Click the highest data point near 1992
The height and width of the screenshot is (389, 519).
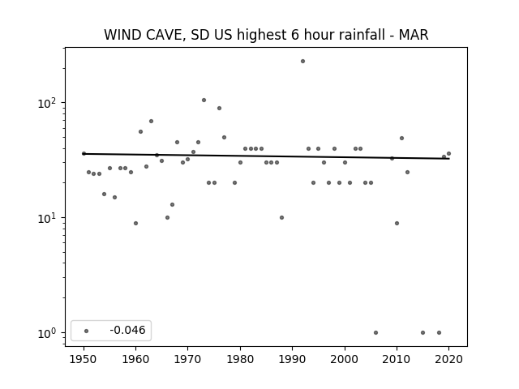click(302, 62)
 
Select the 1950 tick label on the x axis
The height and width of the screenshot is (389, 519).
click(84, 359)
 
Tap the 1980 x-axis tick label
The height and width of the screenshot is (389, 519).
click(240, 359)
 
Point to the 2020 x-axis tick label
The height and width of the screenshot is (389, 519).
click(448, 359)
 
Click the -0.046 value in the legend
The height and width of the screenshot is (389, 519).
click(127, 330)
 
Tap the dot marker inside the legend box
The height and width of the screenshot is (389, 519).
click(87, 331)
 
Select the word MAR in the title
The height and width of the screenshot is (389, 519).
click(414, 35)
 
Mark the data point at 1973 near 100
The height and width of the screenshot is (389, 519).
click(204, 100)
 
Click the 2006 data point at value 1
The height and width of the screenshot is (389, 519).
click(375, 332)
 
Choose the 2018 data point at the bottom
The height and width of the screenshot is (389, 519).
click(439, 332)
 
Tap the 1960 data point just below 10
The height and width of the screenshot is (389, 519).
click(135, 224)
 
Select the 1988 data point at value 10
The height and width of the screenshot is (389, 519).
click(281, 217)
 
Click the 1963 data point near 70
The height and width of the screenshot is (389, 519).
click(152, 121)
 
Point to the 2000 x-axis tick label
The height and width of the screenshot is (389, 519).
click(345, 359)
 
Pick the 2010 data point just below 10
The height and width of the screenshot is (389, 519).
click(397, 224)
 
